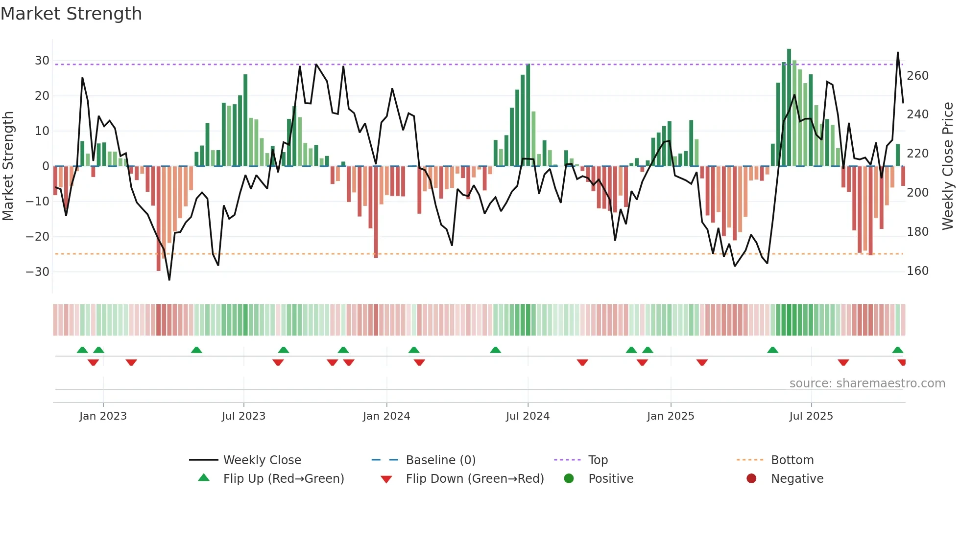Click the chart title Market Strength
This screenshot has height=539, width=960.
pos(71,14)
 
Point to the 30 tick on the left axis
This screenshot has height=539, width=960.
pos(42,61)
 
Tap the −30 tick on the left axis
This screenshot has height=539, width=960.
pos(38,272)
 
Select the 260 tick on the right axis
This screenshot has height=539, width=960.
pos(917,76)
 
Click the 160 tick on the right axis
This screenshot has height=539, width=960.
pos(917,271)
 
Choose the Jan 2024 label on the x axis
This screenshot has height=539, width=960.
pos(386,416)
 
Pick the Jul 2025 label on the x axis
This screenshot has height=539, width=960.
pos(811,416)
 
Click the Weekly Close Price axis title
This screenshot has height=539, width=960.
pos(948,166)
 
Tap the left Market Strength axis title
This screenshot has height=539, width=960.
pos(8,166)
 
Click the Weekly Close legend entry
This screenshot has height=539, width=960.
pos(262,460)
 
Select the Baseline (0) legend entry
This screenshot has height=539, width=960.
pos(440,460)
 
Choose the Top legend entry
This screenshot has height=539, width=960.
pos(598,460)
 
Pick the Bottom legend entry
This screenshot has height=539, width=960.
pos(792,460)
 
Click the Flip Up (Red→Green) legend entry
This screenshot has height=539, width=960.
pos(284,479)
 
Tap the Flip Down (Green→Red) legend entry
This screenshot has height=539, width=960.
pos(475,479)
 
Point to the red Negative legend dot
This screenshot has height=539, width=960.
pos(751,478)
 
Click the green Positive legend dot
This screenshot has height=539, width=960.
pos(569,478)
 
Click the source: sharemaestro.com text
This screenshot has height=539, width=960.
pos(867,383)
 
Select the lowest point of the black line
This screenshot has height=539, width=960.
pos(169,280)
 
